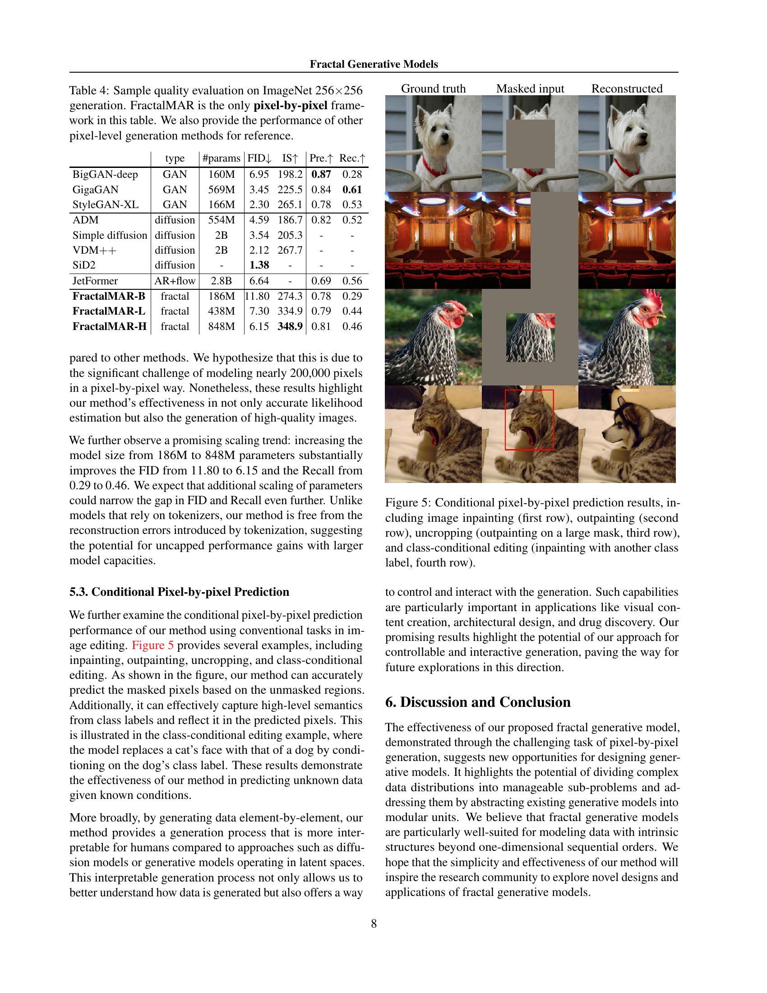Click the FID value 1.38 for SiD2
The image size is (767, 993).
(x=259, y=265)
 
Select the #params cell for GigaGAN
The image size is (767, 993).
(x=221, y=190)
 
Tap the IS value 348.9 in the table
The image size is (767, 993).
(x=290, y=326)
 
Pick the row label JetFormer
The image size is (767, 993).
(x=95, y=281)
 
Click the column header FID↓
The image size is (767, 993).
(x=259, y=158)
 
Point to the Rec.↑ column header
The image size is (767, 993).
(x=352, y=158)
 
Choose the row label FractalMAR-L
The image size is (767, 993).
(x=109, y=311)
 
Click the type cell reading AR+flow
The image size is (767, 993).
(x=175, y=281)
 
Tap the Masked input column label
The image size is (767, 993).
(x=530, y=88)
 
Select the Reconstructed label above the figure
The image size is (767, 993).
(x=627, y=88)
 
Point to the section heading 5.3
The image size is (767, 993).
(x=179, y=592)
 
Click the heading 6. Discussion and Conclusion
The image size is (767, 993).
(x=477, y=702)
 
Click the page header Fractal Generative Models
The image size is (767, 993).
(x=374, y=64)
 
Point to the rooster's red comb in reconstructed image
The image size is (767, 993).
(x=648, y=302)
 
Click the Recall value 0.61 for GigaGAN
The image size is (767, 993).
(x=352, y=190)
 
